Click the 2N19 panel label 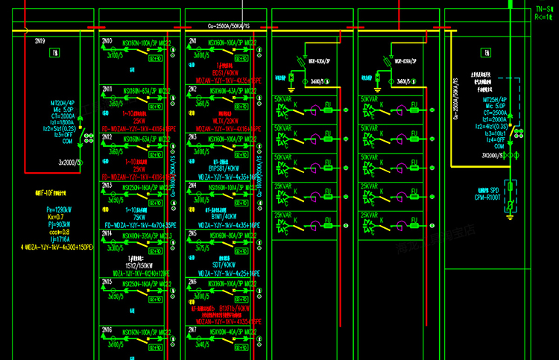coord(40,40)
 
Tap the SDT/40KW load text coord(223,266)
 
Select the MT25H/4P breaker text coord(496,98)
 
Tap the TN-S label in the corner coord(543,10)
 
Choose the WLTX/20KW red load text coord(224,121)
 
